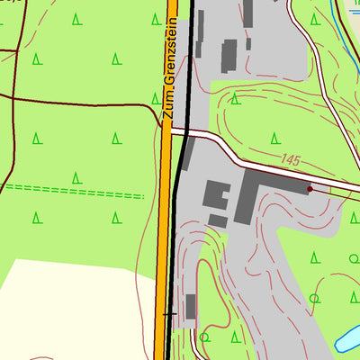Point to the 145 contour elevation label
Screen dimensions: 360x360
[x=289, y=159]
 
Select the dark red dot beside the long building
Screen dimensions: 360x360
[x=310, y=189]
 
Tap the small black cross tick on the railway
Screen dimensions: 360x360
[x=169, y=315]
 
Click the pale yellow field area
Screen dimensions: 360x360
[x=72, y=306]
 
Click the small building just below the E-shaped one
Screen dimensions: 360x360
[x=218, y=220]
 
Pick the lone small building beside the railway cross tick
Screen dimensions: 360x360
[x=190, y=306]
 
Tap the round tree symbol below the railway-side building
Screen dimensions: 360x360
[x=204, y=337]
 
